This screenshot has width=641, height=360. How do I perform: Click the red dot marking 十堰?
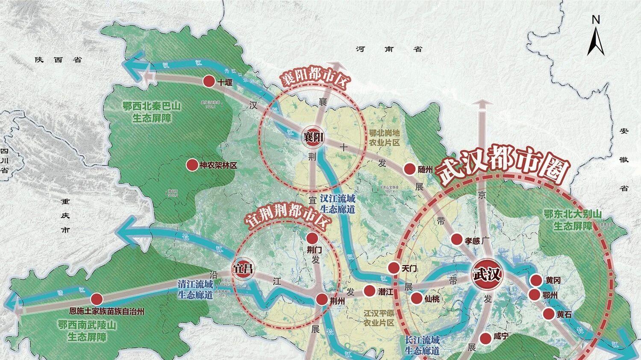(x=209, y=82)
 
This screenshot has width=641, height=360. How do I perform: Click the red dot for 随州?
(x=410, y=169)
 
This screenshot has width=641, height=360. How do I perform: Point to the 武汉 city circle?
(x=486, y=274)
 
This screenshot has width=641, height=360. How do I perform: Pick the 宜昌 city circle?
(x=242, y=269)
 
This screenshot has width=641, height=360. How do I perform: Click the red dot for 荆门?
(x=312, y=238)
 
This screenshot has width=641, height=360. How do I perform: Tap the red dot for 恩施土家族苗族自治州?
(x=97, y=299)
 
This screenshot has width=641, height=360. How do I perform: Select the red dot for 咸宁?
(x=485, y=338)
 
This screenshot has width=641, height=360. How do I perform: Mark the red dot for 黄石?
(x=549, y=314)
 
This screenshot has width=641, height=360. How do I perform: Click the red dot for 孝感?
(x=457, y=239)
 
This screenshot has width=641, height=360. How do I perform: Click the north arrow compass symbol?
(x=596, y=36)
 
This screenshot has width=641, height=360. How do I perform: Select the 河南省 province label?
(x=389, y=49)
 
